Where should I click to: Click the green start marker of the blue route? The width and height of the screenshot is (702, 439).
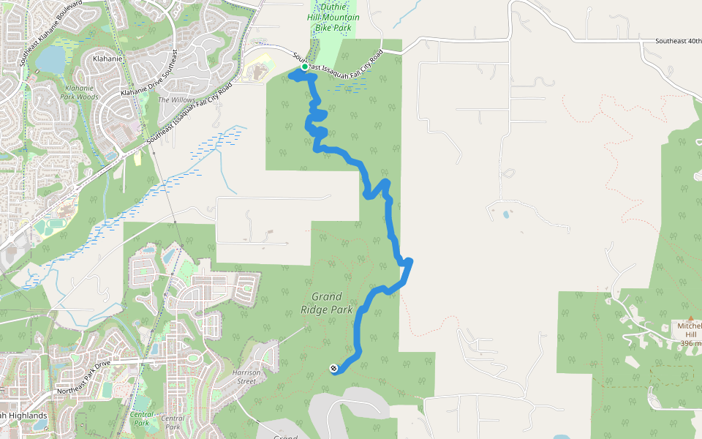pos(305,67)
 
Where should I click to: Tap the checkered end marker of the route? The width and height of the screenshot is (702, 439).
pos(333,367)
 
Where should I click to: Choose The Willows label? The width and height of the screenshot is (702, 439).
pos(174,100)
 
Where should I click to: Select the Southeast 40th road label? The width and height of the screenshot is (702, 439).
pos(678,41)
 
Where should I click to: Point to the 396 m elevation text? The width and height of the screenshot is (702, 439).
pos(690,343)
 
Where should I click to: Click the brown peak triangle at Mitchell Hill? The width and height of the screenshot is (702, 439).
pos(690,318)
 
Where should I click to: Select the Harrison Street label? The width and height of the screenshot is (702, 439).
pos(246,376)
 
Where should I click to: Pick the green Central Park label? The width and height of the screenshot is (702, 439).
pos(141,419)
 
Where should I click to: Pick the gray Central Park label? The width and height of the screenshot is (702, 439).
pos(173,421)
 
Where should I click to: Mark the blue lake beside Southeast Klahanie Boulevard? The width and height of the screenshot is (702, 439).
pos(50,59)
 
